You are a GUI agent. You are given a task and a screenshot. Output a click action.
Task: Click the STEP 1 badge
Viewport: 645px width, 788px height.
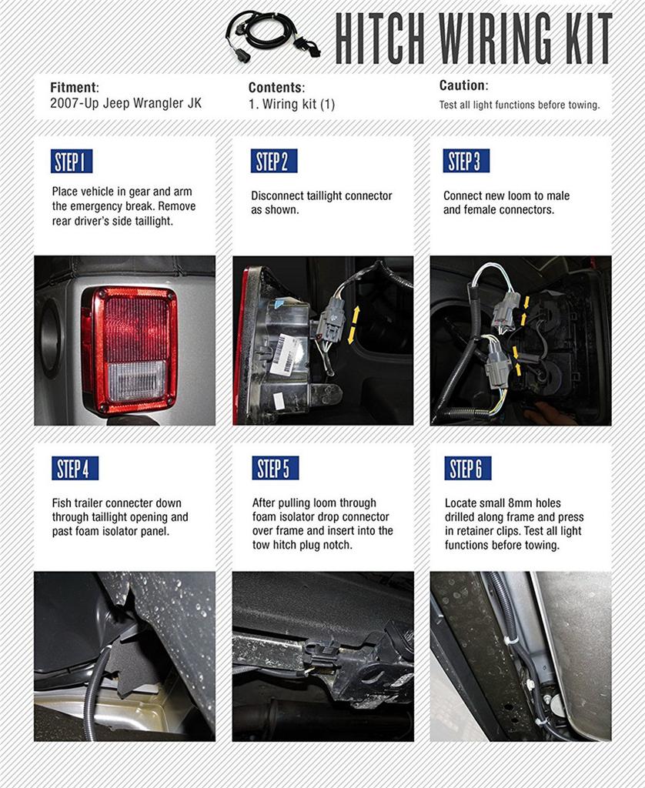coord(72,162)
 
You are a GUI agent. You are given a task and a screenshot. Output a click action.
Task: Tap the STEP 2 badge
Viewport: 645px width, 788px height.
coord(273,162)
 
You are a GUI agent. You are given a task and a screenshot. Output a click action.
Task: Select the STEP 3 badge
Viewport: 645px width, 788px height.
coord(466,162)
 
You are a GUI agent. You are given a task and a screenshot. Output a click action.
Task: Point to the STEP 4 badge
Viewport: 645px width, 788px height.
coord(75,468)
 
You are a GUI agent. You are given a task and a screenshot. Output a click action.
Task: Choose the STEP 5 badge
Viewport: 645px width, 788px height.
coord(275,468)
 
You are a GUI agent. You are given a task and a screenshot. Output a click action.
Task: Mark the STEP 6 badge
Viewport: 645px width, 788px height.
coord(467,468)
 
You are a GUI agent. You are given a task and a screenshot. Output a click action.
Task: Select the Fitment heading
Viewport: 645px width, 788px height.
coord(75,88)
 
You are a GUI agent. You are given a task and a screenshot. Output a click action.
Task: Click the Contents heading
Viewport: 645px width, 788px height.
coord(276,88)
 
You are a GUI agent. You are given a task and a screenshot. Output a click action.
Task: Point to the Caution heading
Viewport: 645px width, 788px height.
coord(463,86)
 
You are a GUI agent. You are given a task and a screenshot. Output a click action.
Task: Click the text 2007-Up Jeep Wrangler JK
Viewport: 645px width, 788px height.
coord(125,103)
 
